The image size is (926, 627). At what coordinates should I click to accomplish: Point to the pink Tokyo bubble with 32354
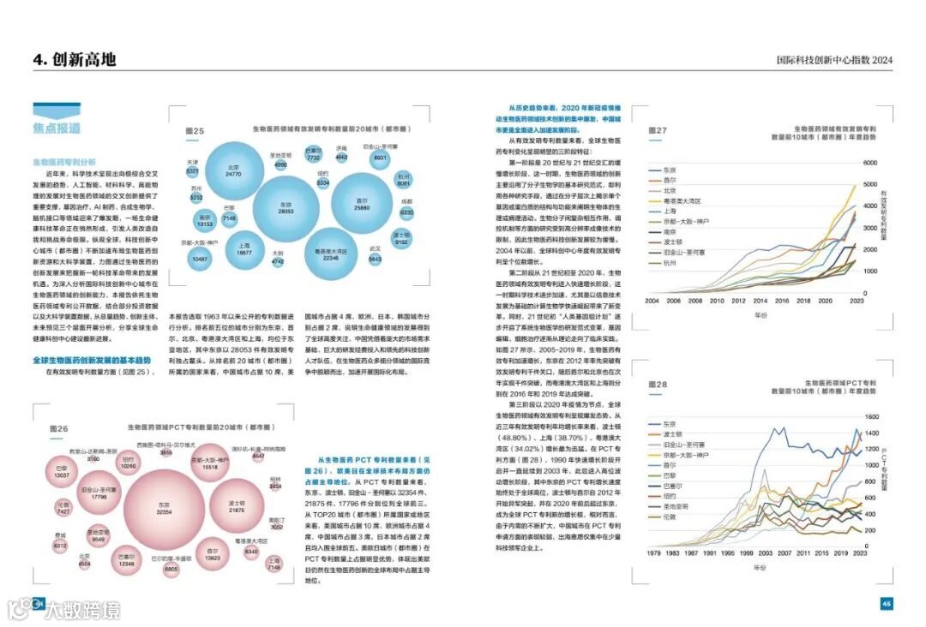tap(165, 508)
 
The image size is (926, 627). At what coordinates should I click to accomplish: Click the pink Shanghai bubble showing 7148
tap(274, 564)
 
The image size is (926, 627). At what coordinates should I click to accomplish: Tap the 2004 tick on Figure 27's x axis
tap(652, 302)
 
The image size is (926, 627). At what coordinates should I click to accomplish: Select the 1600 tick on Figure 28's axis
tap(870, 416)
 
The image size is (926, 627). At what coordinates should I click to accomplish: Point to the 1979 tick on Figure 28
tap(652, 554)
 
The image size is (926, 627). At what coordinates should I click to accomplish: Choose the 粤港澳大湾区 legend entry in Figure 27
tap(682, 200)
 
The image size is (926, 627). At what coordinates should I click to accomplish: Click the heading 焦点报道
tap(57, 128)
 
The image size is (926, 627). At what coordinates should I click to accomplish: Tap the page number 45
tap(887, 603)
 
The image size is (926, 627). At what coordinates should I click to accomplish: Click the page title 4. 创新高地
tap(74, 59)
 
